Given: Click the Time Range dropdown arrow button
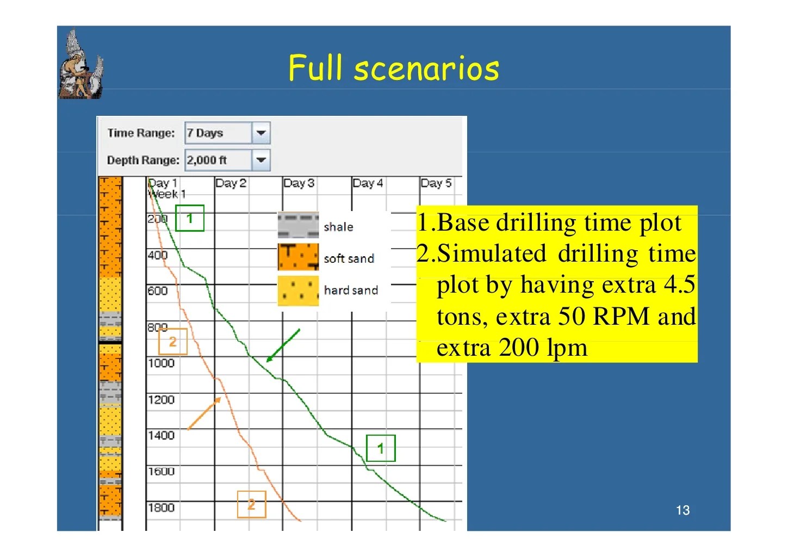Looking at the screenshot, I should tap(261, 133).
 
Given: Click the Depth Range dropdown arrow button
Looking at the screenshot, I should tap(261, 160).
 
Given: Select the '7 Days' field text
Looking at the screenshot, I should tap(205, 133).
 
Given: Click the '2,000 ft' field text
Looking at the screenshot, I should tap(207, 160).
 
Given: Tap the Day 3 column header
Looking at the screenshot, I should tap(299, 183).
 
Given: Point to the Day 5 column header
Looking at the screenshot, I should tap(436, 183).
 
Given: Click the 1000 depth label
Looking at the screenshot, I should tap(161, 363).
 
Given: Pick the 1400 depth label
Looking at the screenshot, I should tap(161, 435).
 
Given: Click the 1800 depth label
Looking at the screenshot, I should tap(161, 508).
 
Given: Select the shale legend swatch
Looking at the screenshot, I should tap(298, 226).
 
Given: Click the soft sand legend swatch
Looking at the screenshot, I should tap(298, 257).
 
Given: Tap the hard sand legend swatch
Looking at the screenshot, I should tap(298, 290).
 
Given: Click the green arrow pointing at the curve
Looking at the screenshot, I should tap(283, 345).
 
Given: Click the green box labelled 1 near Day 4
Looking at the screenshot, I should tap(381, 448).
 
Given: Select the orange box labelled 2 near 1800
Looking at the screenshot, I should tap(251, 504).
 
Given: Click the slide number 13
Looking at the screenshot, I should tap(682, 510).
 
